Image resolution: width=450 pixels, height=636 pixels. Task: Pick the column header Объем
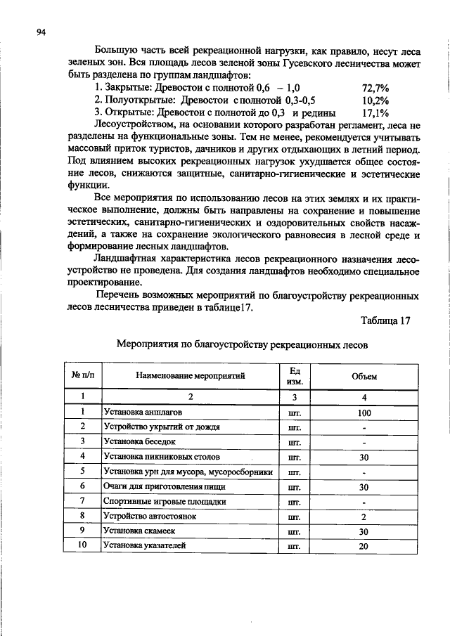(364, 376)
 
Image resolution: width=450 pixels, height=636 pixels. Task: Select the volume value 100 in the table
(364, 413)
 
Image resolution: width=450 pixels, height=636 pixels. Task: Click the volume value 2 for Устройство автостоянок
(364, 516)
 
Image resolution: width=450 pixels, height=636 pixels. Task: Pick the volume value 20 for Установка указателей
(364, 545)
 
